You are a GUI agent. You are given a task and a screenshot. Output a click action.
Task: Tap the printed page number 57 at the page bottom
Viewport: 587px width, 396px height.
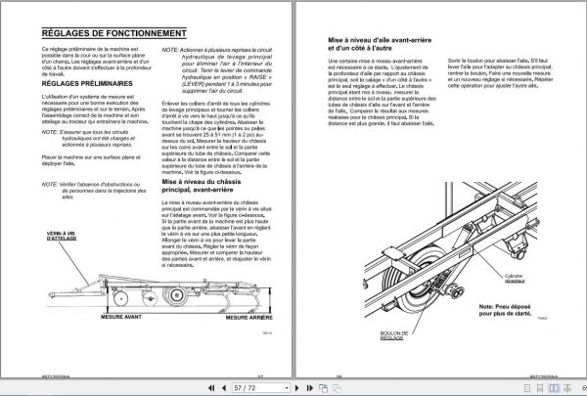260,373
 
